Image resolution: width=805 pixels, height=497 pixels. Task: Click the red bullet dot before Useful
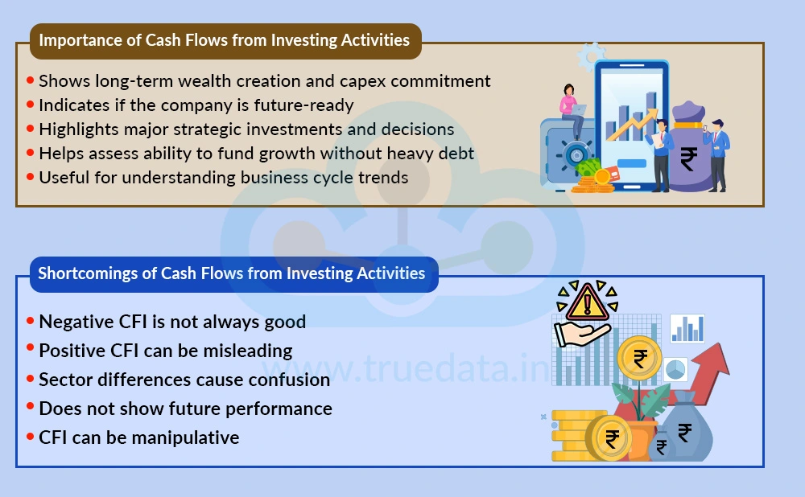(31, 177)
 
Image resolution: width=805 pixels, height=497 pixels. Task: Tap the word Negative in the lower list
(76, 322)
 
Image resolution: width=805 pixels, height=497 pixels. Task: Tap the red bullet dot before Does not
(31, 408)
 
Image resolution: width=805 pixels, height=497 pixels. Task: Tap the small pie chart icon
(675, 370)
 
